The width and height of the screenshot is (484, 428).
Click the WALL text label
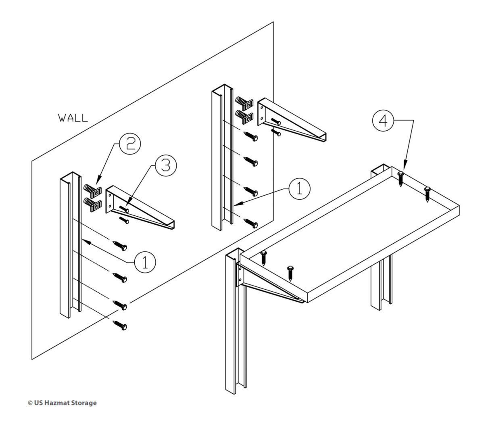73,118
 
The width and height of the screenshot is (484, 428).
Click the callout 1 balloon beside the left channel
145,261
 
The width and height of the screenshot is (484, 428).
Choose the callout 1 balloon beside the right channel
299,189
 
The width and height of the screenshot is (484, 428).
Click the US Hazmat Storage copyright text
62,403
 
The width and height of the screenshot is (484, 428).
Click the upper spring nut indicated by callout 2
93,188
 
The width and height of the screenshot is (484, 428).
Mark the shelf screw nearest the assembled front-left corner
264,257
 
